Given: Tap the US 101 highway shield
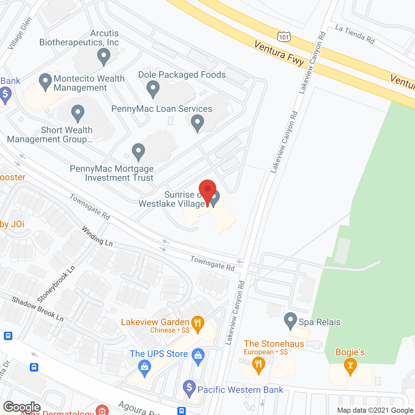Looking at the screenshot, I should [284, 37].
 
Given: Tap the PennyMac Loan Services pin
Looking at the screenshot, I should [197, 123].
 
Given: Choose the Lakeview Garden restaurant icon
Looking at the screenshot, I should [197, 323].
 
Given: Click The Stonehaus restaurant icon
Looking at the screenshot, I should [258, 364].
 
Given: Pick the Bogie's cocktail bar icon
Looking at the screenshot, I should [350, 366].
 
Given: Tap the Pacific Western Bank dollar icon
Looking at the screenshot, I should [189, 387].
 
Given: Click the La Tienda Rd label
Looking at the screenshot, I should [355, 34].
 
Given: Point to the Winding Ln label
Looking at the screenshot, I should [97, 236].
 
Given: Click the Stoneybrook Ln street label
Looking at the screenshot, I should [56, 284].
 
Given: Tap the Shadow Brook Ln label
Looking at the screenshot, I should [38, 309].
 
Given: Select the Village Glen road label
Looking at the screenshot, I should [20, 34].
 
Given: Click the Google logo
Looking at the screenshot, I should [22, 407].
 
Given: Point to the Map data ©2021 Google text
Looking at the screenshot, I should [375, 410].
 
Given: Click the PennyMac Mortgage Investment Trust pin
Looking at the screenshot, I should [138, 151].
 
